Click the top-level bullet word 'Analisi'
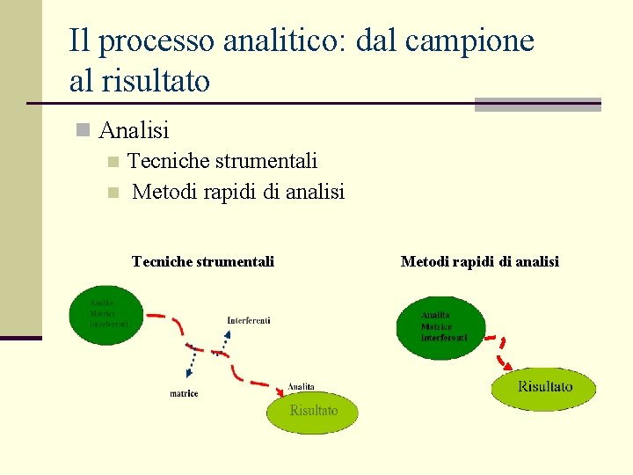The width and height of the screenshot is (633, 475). [135, 131]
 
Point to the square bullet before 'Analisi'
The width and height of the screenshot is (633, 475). [83, 131]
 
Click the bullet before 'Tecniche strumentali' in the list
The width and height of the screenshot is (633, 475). [112, 162]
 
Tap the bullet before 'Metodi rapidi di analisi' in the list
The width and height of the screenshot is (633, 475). [112, 193]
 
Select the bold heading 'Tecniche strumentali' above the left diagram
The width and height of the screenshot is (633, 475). [202, 261]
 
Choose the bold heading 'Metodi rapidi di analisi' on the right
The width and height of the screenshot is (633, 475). [479, 261]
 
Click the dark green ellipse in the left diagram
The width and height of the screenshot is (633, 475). [105, 315]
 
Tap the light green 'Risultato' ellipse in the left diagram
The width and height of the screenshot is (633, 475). [313, 412]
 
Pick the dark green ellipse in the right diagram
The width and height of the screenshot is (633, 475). [440, 327]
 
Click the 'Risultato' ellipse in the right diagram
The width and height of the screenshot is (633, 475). [543, 388]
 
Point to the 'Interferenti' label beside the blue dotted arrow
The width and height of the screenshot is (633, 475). [249, 320]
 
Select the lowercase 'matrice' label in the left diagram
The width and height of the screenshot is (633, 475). [184, 393]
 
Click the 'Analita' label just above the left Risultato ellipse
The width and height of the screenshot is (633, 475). [301, 387]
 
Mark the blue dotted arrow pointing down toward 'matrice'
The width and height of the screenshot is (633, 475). [190, 358]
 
